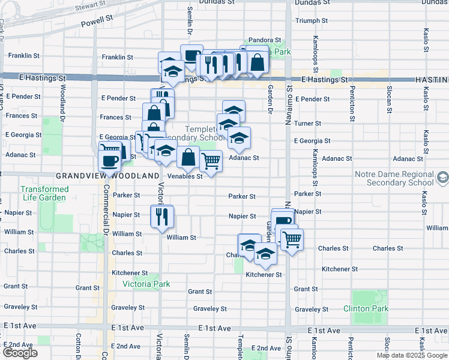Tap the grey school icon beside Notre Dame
pyautogui.click(x=442, y=177)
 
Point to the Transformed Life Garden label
pyautogui.click(x=44, y=193)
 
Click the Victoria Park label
pyautogui.click(x=146, y=284)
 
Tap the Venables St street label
pyautogui.click(x=184, y=176)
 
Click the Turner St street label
pyautogui.click(x=308, y=123)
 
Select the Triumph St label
pyautogui.click(x=312, y=20)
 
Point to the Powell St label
pyautogui.click(x=101, y=20)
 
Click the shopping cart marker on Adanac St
pyautogui.click(x=211, y=160)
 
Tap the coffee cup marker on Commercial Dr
pyautogui.click(x=109, y=160)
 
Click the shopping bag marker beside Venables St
pyautogui.click(x=188, y=157)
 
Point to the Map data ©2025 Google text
pyautogui.click(x=412, y=355)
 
